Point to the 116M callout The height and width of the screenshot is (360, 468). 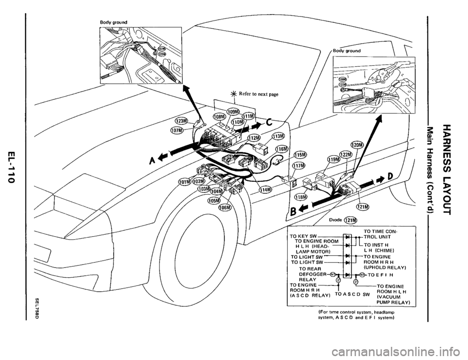coord(281,149)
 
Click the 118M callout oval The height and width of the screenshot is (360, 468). coord(302,197)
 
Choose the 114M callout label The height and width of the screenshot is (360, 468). coord(266,189)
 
